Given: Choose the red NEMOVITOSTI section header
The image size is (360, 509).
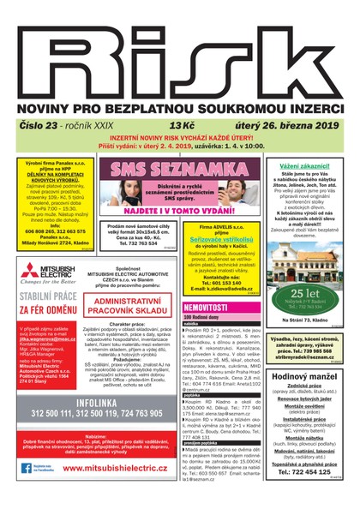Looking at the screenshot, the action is [x=207, y=306].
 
